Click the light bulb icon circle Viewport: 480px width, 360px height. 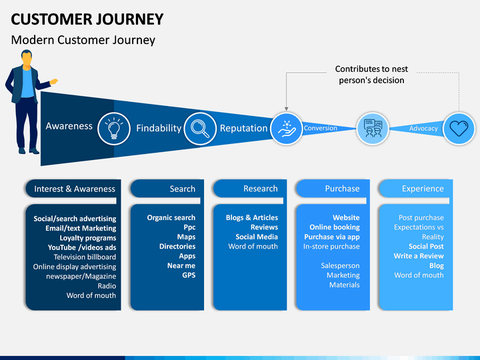[114, 129]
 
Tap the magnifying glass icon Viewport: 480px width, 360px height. [200, 129]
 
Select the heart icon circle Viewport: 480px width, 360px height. [459, 128]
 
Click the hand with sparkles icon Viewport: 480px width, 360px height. [287, 129]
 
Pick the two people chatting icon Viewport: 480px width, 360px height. [373, 128]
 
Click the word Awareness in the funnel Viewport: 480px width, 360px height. [69, 126]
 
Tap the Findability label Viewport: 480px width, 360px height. [159, 128]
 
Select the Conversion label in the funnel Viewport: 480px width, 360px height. [320, 128]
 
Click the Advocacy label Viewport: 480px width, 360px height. [423, 129]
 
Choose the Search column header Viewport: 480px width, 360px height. [183, 189]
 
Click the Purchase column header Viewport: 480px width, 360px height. [342, 189]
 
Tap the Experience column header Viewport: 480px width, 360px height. [423, 189]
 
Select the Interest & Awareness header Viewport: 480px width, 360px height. [75, 189]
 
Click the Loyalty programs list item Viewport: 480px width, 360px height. [88, 238]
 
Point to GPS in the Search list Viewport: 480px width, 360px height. [189, 275]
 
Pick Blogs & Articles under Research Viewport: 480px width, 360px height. [252, 217]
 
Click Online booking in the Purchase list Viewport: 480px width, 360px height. [335, 227]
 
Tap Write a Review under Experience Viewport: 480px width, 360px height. [419, 256]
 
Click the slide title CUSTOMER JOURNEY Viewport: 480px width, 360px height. [87, 19]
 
